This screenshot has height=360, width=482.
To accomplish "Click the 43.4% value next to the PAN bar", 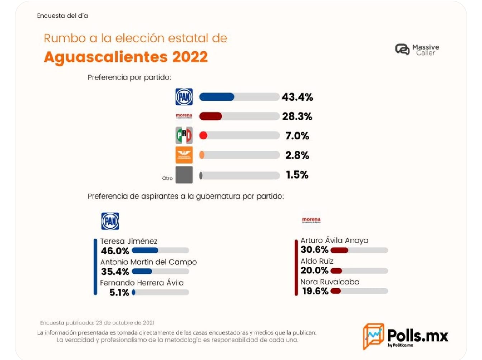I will pos(297,97).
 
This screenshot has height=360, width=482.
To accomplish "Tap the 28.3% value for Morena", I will pos(297,117).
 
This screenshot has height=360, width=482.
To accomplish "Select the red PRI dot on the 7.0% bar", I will pos(203,136).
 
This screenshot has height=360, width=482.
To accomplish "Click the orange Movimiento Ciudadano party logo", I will pos(184,155).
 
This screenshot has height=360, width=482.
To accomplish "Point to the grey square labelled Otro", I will pos(184,175).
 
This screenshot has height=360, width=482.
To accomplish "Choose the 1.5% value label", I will pos(297,175).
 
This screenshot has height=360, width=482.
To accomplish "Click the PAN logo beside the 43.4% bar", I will pos(184,97).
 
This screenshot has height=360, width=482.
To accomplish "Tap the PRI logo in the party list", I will pos(184,136).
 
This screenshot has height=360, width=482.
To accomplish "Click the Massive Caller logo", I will pos(417,49).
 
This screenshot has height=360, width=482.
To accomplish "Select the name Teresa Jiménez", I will pos(129,241).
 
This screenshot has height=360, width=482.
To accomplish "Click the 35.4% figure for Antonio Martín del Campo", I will pos(115,271).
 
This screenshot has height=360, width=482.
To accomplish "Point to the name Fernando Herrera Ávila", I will pos(142,283).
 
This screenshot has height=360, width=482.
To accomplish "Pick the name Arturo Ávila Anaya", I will pos(334,240).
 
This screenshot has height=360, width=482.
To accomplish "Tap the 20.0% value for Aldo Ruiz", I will pos(315,270).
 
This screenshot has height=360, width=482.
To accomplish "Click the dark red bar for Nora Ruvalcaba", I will pos(336,291).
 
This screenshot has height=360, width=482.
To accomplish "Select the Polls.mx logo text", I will pos(417,336).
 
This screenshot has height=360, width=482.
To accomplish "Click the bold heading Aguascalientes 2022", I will pos(126,57).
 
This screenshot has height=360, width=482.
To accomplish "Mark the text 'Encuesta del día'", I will pos(62,16).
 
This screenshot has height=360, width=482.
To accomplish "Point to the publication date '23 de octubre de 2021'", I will pos(125,323).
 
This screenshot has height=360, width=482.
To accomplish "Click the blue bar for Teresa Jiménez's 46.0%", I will pos(145,250).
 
